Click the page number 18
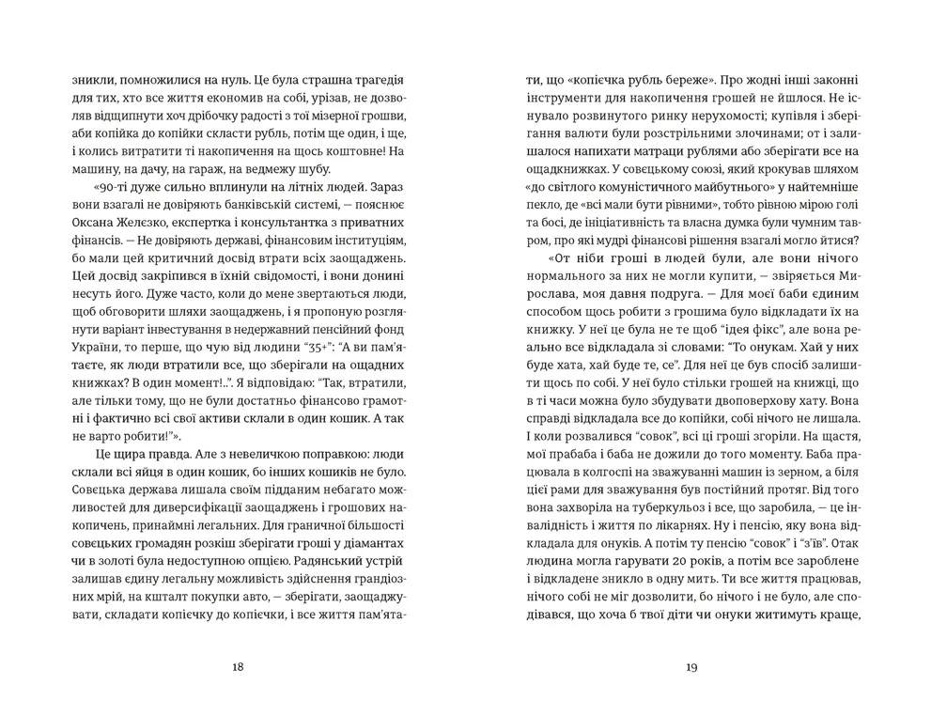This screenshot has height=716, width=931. click(237, 668)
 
